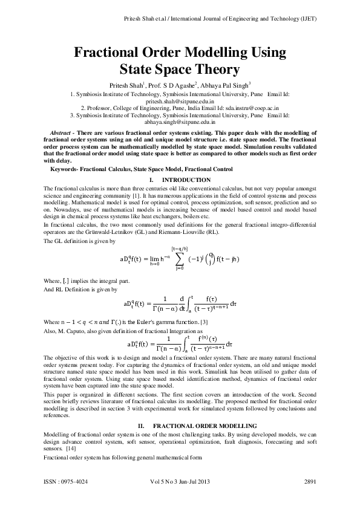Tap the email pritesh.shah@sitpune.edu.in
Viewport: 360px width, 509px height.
click(180, 103)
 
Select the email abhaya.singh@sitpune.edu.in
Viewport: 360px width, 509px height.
click(180, 122)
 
